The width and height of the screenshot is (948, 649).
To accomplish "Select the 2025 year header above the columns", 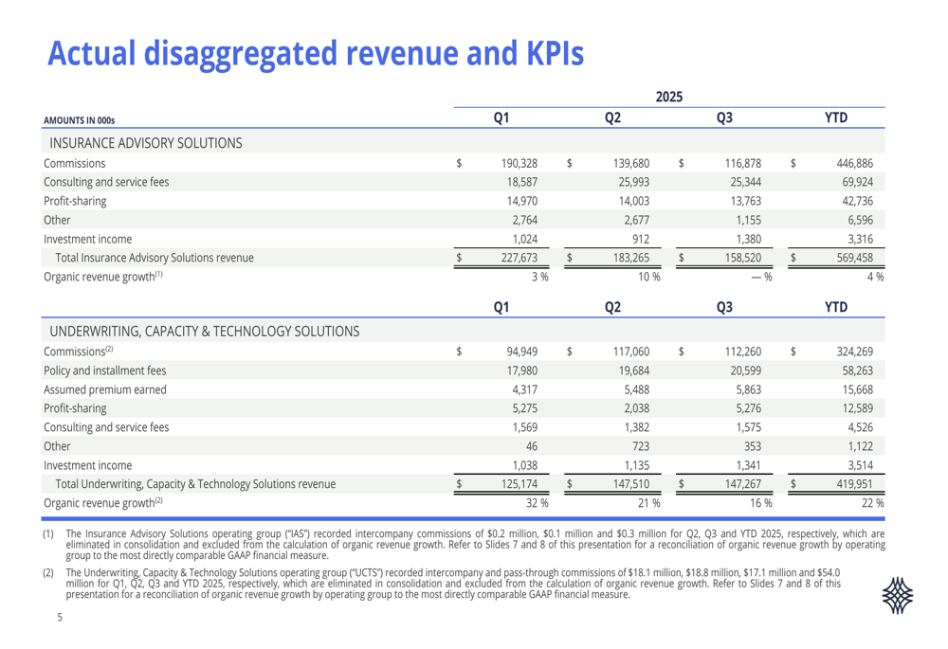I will [x=669, y=97].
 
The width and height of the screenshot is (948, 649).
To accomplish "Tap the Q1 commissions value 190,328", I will [x=520, y=164].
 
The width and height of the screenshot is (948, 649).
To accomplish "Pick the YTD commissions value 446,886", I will [x=854, y=164].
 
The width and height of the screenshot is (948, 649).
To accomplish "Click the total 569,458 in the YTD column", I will [x=854, y=258].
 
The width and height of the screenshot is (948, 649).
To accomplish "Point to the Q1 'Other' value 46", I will [x=531, y=445].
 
